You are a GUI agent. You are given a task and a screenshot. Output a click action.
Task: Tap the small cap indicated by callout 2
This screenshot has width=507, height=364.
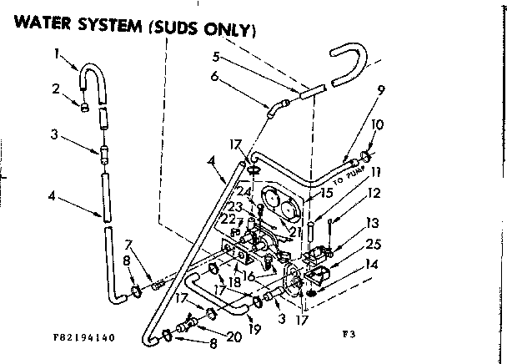[85, 106]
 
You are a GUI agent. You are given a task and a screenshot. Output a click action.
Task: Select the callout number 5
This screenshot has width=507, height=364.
[215, 58]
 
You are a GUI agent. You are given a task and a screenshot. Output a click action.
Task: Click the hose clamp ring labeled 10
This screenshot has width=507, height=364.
[366, 154]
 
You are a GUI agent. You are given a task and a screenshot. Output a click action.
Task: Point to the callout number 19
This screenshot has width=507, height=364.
[254, 329]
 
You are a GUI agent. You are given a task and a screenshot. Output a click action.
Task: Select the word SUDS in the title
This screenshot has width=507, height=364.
[178, 30]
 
